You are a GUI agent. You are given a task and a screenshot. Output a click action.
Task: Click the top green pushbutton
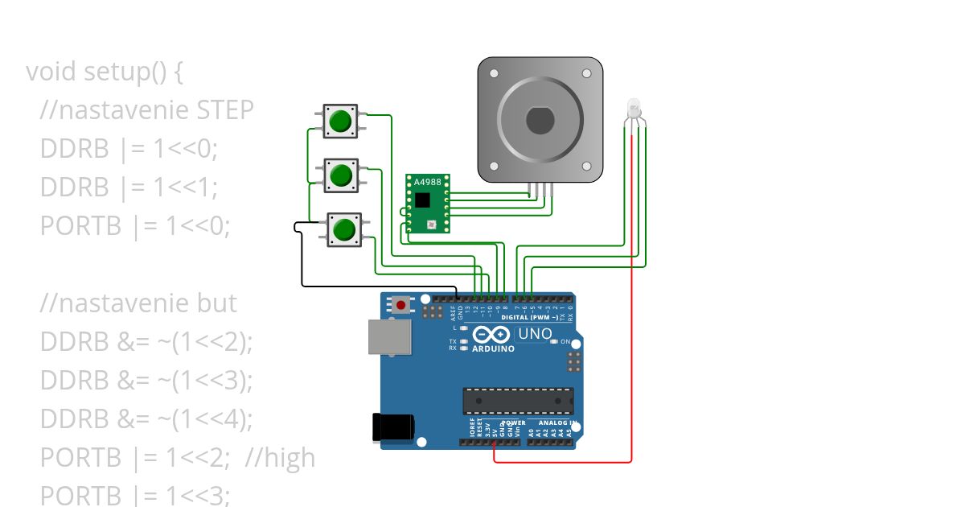point(341,121)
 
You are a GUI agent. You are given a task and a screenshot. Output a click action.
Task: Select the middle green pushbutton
point(341,175)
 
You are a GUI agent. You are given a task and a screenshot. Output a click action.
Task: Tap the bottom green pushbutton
point(344,229)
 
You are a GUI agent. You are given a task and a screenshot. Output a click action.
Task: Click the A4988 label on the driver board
point(426,181)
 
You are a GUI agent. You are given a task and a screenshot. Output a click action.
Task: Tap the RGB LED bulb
point(634,109)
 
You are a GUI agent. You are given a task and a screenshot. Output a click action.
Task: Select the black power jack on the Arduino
point(392,427)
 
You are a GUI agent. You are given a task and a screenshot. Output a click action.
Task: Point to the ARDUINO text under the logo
point(493,349)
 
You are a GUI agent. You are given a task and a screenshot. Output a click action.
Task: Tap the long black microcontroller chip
point(517,401)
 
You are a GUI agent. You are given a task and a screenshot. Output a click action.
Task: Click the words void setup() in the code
point(105,72)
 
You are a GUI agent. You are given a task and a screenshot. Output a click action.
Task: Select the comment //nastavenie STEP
point(146,110)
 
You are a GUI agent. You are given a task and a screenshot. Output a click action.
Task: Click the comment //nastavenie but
point(138,303)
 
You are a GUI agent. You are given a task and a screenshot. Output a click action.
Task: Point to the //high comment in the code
point(280,458)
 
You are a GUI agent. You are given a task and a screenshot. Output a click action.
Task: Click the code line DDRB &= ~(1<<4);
point(146,419)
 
